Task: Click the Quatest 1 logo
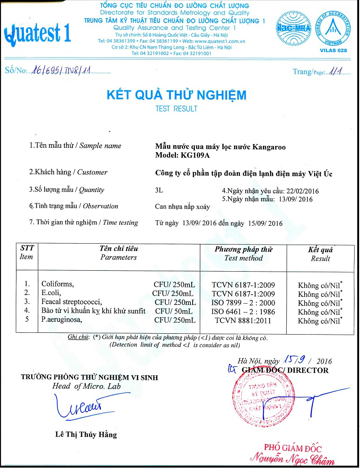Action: click(x=37, y=33)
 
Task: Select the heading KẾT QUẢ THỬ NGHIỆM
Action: click(x=176, y=95)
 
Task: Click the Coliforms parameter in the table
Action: click(x=57, y=284)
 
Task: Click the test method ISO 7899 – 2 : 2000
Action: click(x=243, y=302)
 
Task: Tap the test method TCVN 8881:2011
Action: click(x=243, y=320)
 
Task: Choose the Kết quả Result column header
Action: click(x=320, y=254)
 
